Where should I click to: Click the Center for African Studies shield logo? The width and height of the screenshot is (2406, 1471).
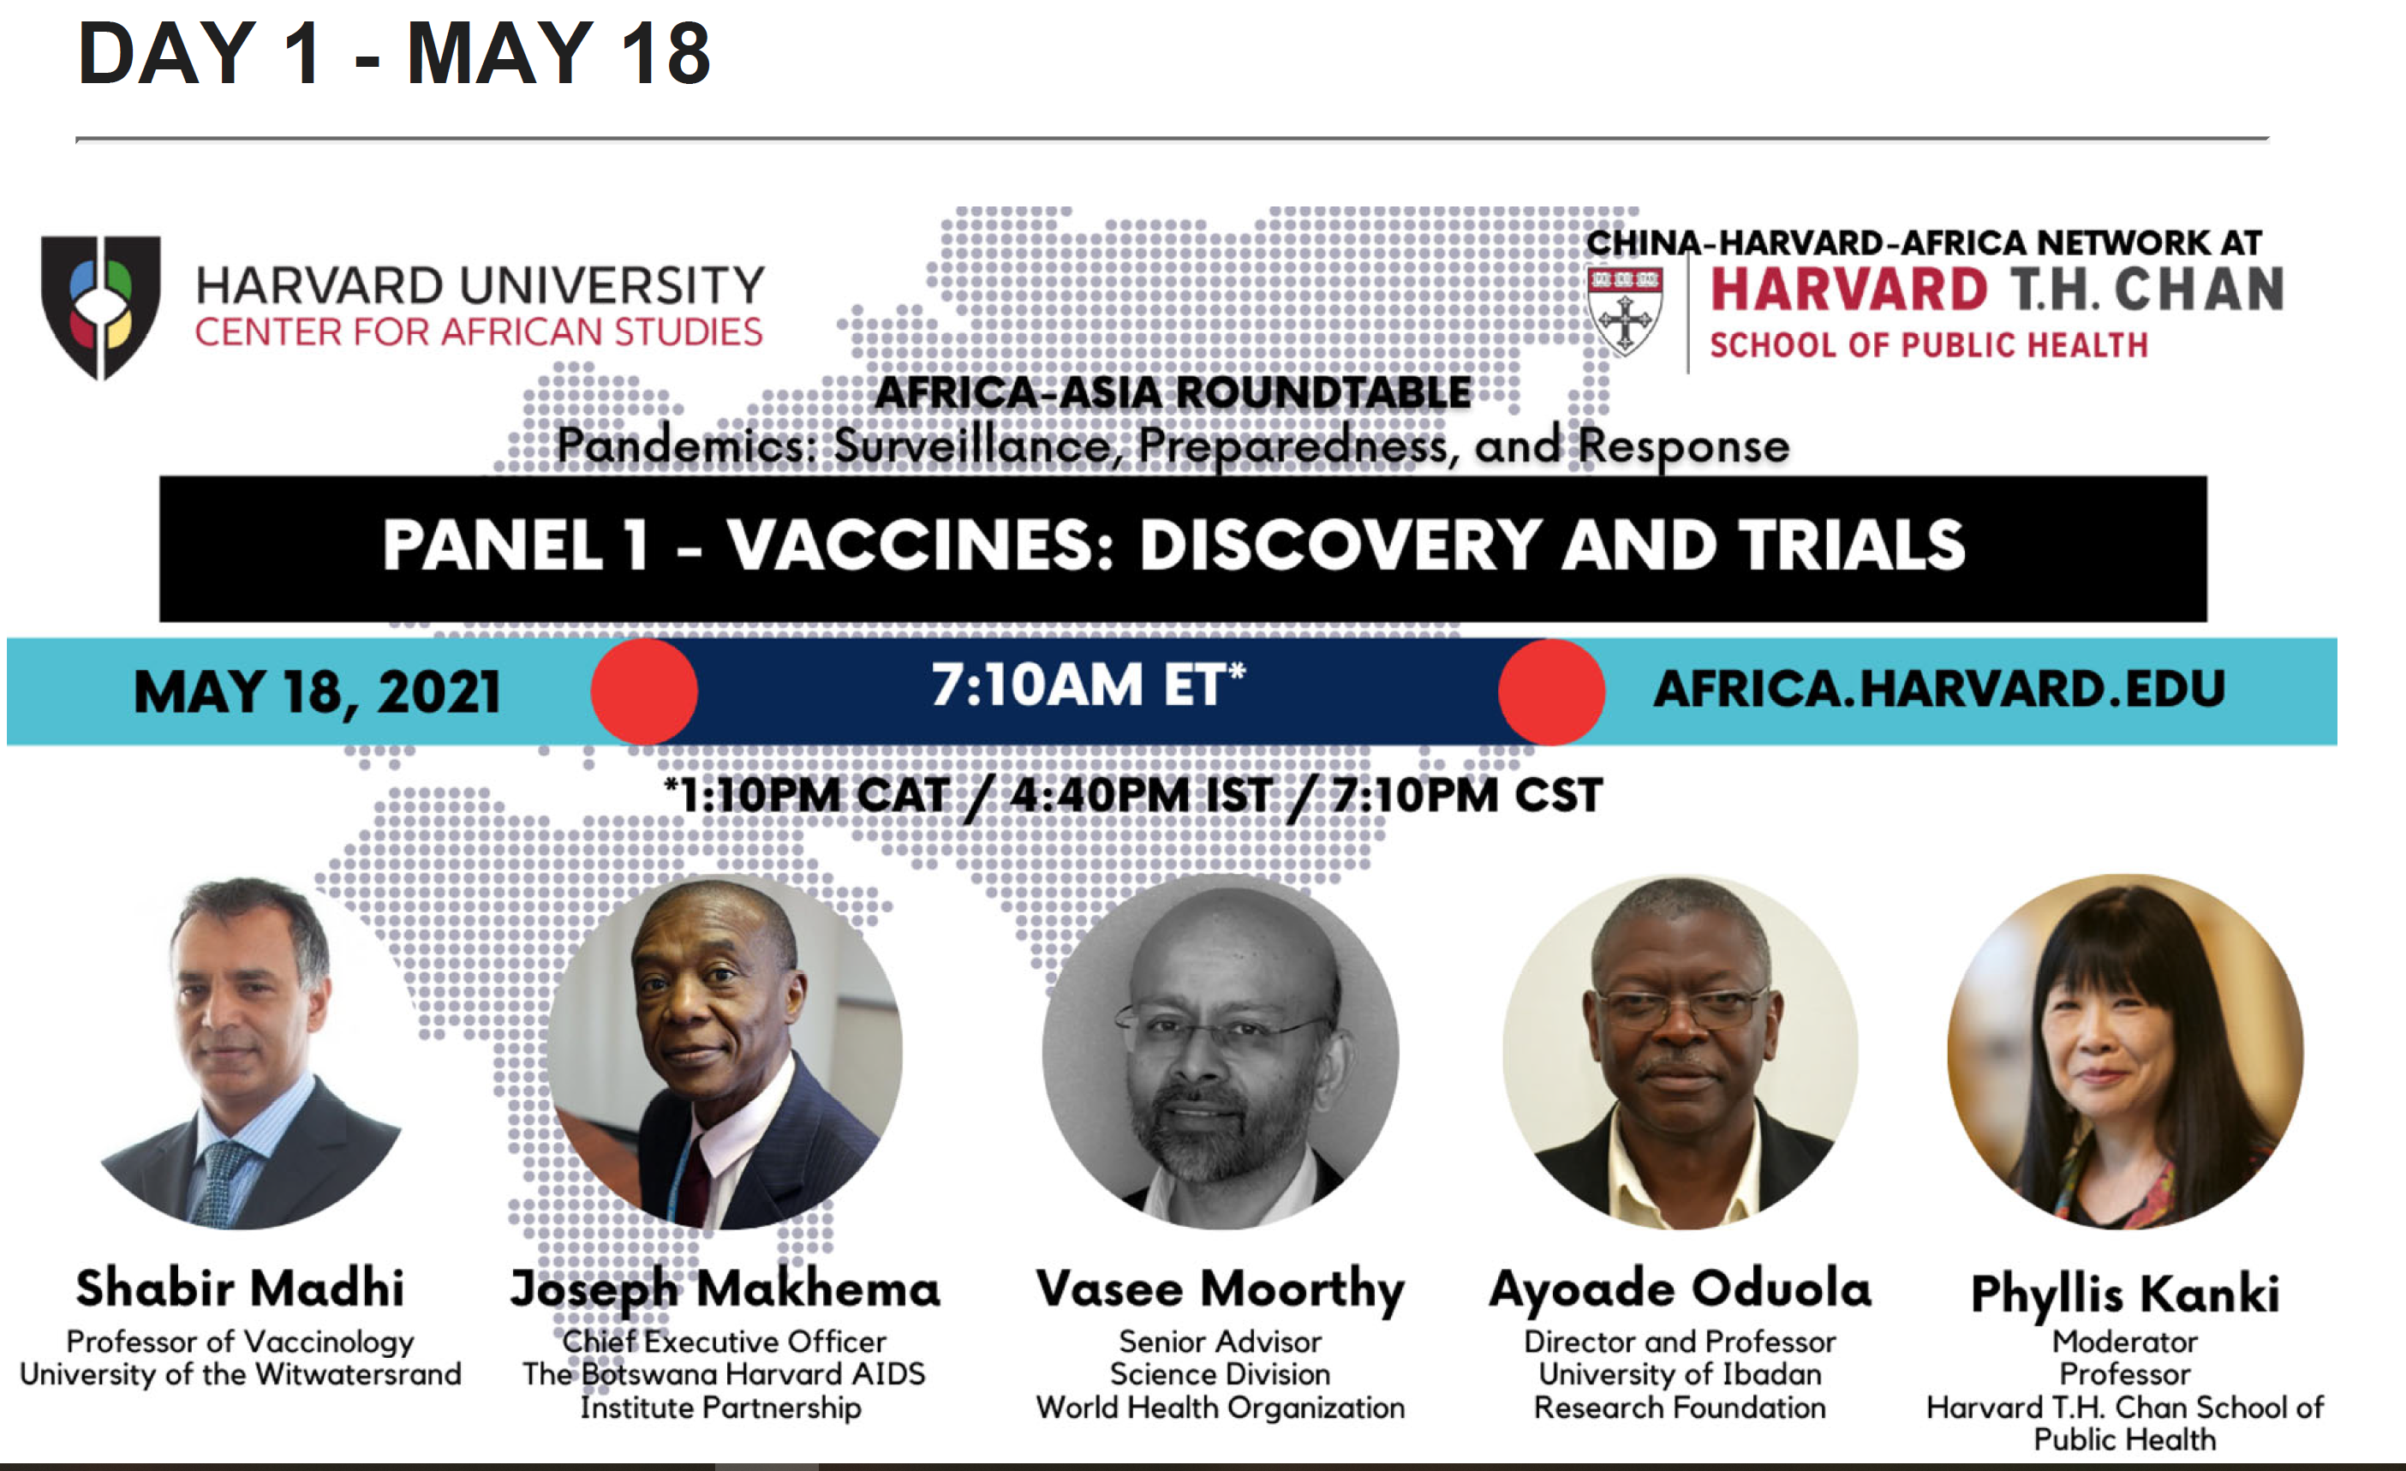tap(100, 307)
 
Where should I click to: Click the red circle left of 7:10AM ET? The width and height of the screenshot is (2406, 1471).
tap(644, 691)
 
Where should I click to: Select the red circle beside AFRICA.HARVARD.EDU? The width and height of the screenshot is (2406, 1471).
tap(1551, 691)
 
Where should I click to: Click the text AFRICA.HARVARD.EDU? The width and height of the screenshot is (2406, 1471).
tap(1939, 689)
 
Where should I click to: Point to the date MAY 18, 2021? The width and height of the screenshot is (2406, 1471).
tap(318, 691)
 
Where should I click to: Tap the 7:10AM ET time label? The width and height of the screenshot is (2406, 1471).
tap(1088, 684)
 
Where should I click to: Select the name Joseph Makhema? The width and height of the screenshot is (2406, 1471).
tap(725, 1289)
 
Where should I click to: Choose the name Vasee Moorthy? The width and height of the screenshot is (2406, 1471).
tap(1221, 1289)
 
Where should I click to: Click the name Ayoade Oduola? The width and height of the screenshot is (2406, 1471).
tap(1681, 1289)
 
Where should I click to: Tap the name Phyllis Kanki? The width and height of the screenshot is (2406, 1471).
tap(2126, 1295)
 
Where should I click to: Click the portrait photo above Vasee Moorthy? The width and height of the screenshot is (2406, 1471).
tap(1221, 1052)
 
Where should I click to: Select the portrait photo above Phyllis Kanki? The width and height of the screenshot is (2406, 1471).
tap(2126, 1052)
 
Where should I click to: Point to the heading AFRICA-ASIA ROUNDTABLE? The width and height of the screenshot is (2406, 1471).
tap(1173, 392)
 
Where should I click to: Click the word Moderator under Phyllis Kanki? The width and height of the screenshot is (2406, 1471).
tap(2126, 1342)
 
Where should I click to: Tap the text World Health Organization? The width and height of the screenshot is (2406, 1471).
tap(1221, 1408)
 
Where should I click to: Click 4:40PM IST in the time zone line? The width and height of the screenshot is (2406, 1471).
tap(1141, 795)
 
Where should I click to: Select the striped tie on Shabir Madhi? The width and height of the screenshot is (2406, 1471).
tap(222, 1182)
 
